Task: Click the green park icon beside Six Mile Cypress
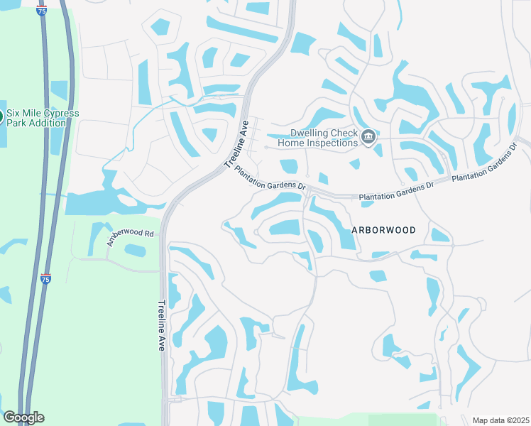[x=1, y=117]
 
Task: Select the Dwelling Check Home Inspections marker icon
[x=368, y=137]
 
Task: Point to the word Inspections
[x=332, y=143]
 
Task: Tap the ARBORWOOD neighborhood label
[x=383, y=230]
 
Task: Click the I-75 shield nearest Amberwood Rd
[x=46, y=279]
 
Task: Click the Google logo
[x=23, y=417]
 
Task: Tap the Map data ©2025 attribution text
[x=500, y=420]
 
